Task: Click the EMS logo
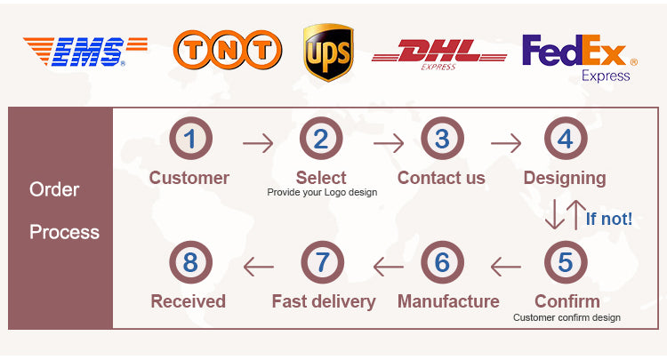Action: click(x=85, y=52)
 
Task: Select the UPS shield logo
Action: click(x=327, y=51)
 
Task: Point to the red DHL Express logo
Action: click(x=438, y=54)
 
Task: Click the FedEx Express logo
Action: click(x=579, y=56)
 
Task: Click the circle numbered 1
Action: click(x=190, y=139)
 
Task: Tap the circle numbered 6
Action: click(x=442, y=263)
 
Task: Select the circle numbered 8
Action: click(x=190, y=263)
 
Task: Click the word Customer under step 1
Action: click(x=189, y=178)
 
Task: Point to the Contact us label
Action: click(x=441, y=178)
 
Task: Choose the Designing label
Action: click(x=565, y=178)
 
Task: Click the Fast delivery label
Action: click(x=324, y=301)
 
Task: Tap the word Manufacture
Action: click(x=448, y=301)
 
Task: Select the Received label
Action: click(x=188, y=301)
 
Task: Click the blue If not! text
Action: click(x=609, y=218)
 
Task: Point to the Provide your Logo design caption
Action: click(x=323, y=193)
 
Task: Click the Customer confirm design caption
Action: click(x=567, y=317)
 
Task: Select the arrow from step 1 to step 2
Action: click(x=258, y=141)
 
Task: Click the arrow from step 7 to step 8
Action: click(x=258, y=265)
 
